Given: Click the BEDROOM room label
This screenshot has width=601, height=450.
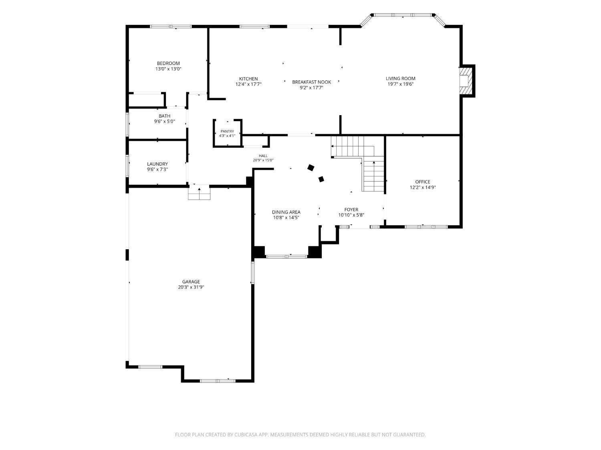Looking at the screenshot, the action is pyautogui.click(x=168, y=63).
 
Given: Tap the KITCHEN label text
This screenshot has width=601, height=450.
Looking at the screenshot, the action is pyautogui.click(x=248, y=79).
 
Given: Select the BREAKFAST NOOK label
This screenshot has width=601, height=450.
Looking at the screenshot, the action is pyautogui.click(x=311, y=82).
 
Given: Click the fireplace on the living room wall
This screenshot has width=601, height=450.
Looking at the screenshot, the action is pyautogui.click(x=467, y=81).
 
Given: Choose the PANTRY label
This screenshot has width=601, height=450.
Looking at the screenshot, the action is pyautogui.click(x=227, y=132).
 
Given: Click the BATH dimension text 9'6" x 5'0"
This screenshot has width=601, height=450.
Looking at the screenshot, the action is pyautogui.click(x=164, y=122).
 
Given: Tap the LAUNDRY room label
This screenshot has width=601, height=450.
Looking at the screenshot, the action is pyautogui.click(x=157, y=164).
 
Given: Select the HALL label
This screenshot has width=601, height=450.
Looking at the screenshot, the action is pyautogui.click(x=263, y=156).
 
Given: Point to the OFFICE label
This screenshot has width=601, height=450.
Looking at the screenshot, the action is pyautogui.click(x=422, y=182).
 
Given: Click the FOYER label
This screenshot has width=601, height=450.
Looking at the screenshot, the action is pyautogui.click(x=351, y=210).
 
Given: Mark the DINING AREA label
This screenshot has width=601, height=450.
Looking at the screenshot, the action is pyautogui.click(x=286, y=212).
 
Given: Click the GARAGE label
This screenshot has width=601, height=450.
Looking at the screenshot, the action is pyautogui.click(x=191, y=282).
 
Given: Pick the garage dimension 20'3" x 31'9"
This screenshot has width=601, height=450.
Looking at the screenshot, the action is pyautogui.click(x=191, y=287).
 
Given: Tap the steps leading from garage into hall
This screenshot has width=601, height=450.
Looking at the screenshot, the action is pyautogui.click(x=199, y=192).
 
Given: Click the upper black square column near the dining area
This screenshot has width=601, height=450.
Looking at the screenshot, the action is pyautogui.click(x=311, y=168).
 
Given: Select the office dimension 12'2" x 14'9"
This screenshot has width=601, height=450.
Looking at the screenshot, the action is pyautogui.click(x=422, y=188).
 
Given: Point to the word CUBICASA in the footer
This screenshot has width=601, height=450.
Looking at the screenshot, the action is pyautogui.click(x=246, y=434).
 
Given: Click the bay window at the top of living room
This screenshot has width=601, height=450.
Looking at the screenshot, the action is pyautogui.click(x=403, y=15).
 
